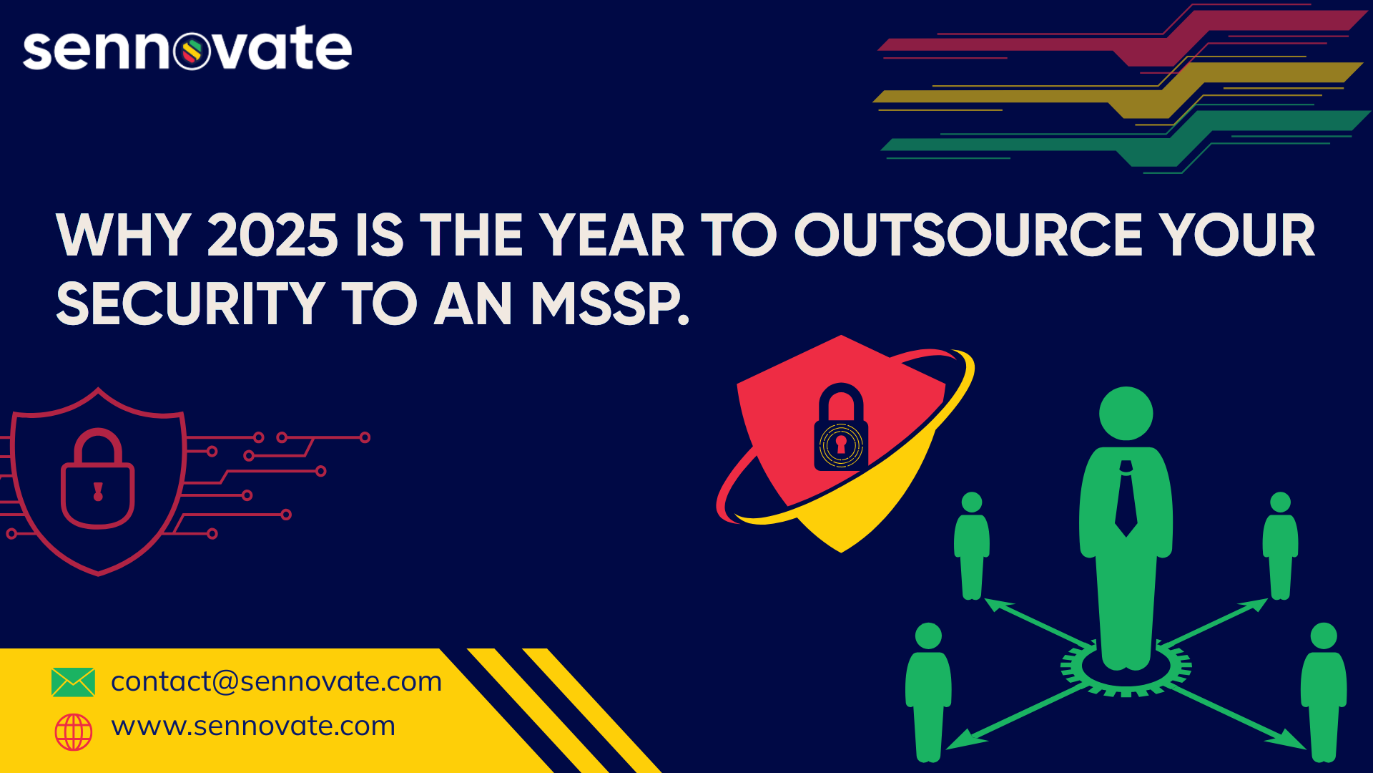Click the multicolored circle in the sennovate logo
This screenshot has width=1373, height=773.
pos(192,51)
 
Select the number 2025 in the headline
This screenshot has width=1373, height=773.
pos(272,235)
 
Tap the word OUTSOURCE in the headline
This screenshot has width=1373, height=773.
pos(969,235)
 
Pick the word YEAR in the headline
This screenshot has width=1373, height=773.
pos(612,235)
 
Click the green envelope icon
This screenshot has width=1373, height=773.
pos(73,682)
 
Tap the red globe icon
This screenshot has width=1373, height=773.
pos(74,731)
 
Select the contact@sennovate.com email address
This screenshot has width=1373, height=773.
pos(277,681)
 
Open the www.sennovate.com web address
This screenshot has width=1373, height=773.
pos(253,726)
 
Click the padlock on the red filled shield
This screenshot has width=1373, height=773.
pos(841,427)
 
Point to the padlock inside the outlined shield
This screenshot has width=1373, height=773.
pos(98,478)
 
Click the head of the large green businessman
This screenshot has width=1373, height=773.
pos(1126,414)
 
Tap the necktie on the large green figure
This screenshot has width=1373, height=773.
pos(1126,498)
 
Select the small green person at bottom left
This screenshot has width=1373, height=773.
pos(928,692)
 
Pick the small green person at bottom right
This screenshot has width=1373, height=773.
pos(1324,692)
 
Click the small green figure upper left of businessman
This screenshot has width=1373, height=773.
pos(972,545)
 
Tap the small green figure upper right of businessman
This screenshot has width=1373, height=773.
pos(1280,545)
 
